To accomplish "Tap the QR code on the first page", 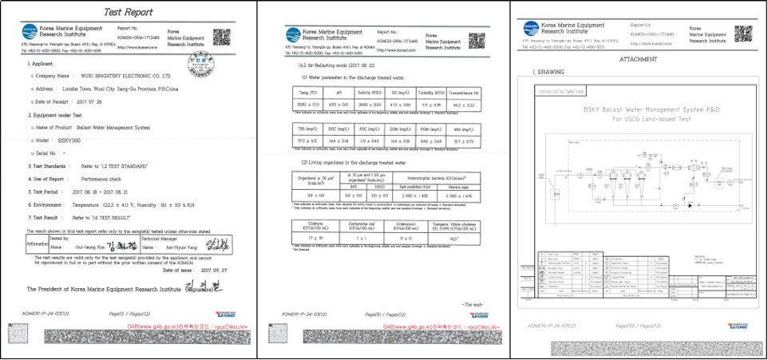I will [221, 37].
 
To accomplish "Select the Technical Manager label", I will [165, 238].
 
